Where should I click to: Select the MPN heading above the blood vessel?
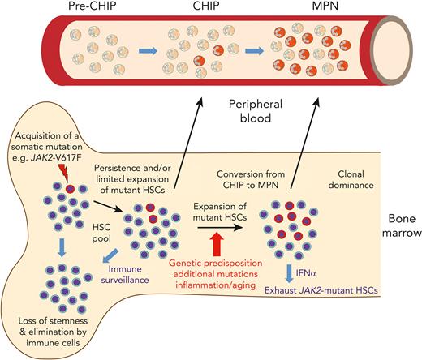pyautogui.click(x=318, y=9)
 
